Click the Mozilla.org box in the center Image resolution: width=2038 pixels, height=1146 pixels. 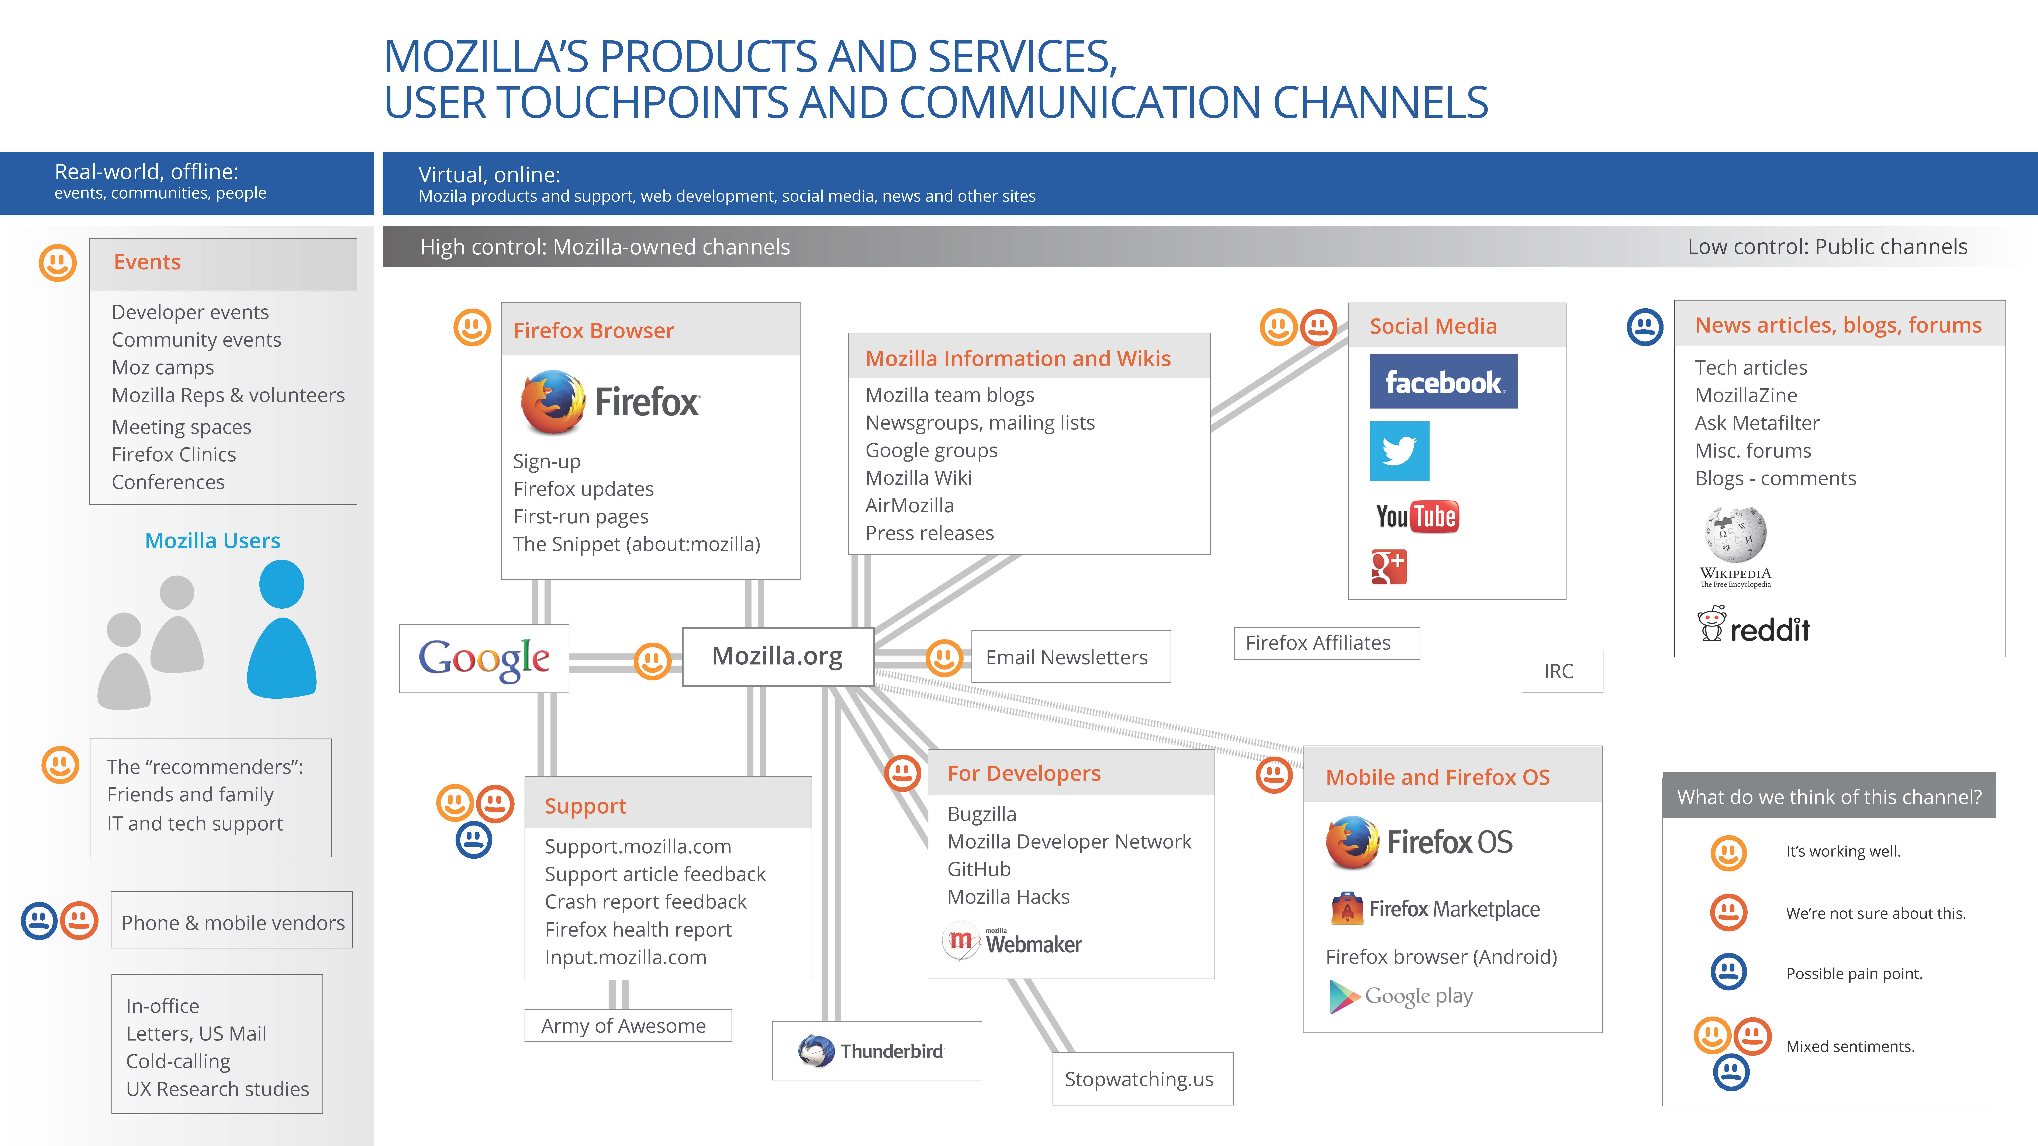pyautogui.click(x=778, y=656)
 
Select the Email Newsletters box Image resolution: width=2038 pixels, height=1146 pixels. pyautogui.click(x=1070, y=657)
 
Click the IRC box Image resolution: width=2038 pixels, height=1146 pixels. pyautogui.click(x=1562, y=671)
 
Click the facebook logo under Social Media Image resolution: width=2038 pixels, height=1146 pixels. pyautogui.click(x=1443, y=382)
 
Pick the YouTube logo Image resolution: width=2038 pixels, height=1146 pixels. pyautogui.click(x=1417, y=517)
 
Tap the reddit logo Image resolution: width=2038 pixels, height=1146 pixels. pyautogui.click(x=1754, y=626)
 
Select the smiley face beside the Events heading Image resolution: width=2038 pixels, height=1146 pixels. pyautogui.click(x=58, y=263)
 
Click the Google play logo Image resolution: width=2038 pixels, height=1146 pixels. pyautogui.click(x=1401, y=997)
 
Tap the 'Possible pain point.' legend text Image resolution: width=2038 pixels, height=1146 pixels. pyautogui.click(x=1854, y=974)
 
